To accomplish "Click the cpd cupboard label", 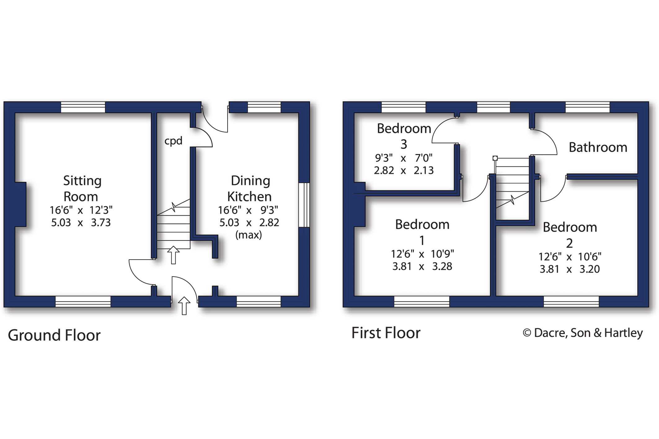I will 173,141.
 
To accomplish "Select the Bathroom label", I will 598,147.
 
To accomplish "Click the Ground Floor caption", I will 54,335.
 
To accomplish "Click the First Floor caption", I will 386,333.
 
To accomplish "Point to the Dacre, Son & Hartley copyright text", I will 582,333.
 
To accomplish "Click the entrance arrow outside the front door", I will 184,306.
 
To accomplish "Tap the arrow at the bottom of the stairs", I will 173,255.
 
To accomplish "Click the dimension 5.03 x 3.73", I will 81,222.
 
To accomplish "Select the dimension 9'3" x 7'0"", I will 403,158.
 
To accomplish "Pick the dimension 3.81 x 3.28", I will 422,266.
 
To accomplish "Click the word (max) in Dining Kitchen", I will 248,235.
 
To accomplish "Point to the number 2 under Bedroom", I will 569,244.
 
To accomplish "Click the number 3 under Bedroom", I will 404,144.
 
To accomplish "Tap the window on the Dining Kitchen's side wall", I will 304,205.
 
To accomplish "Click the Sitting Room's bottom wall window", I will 83,301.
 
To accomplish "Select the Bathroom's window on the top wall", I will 587,107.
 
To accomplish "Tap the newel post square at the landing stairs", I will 495,158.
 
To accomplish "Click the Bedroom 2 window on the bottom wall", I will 571,301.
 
